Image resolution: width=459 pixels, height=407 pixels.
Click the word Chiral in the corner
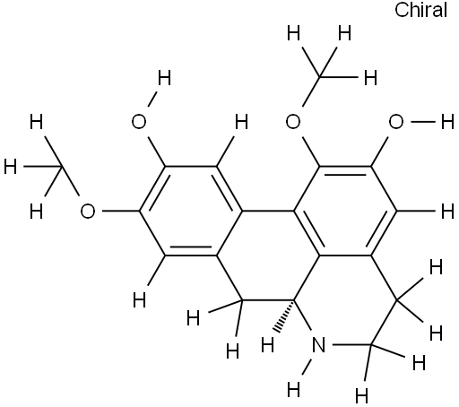[420, 10]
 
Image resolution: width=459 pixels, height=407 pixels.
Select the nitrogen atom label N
[318, 345]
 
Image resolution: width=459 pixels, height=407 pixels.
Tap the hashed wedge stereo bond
[284, 315]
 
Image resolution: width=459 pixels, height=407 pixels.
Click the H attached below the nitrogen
[293, 390]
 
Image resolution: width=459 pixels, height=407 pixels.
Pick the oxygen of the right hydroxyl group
[396, 122]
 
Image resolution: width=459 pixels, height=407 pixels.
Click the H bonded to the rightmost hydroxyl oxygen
[447, 122]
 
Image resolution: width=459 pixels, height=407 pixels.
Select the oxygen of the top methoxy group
[293, 122]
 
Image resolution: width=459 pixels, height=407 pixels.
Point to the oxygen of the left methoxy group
[88, 211]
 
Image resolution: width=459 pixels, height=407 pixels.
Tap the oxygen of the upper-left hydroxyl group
[139, 122]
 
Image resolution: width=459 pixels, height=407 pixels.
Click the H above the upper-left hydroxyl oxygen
[165, 78]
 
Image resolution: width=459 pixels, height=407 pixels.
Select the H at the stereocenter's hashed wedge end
[267, 345]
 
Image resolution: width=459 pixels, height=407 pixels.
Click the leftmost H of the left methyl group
[11, 167]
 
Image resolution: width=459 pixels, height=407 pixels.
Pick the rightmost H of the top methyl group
[370, 78]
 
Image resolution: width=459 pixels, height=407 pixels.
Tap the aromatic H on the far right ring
[447, 211]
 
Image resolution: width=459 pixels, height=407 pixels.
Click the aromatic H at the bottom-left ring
[139, 300]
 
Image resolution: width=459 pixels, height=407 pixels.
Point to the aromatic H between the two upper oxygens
[242, 122]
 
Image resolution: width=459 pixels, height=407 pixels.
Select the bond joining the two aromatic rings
[267, 211]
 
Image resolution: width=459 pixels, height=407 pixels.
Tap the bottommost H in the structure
[361, 396]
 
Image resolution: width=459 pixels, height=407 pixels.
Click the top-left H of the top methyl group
[293, 33]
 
